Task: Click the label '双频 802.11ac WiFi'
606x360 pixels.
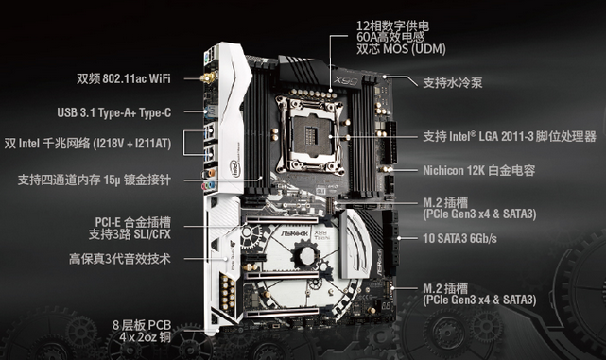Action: tap(123, 78)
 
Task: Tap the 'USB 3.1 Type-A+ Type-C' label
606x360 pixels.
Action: tap(114, 112)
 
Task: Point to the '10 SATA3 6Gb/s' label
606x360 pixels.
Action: tap(459, 238)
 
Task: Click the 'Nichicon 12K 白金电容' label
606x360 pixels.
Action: tap(479, 170)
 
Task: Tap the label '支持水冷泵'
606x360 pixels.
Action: tap(453, 82)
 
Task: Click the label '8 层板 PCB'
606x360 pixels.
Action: tap(142, 325)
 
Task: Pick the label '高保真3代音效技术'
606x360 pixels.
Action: tap(120, 259)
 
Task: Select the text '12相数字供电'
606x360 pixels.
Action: tap(392, 26)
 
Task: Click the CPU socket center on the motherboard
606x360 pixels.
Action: tap(310, 134)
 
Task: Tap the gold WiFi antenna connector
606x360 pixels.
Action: tap(208, 78)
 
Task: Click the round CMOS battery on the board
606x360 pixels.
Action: tap(306, 255)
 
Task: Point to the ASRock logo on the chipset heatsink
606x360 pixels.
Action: tap(295, 233)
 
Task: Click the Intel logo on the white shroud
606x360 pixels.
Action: tap(235, 169)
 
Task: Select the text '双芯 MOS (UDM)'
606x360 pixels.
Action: tap(401, 49)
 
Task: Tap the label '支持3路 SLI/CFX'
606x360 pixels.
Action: tap(130, 234)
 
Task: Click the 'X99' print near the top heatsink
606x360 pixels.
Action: tap(347, 80)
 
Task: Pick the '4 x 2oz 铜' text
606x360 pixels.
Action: tap(145, 337)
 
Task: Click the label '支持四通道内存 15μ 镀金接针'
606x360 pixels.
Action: tap(95, 180)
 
